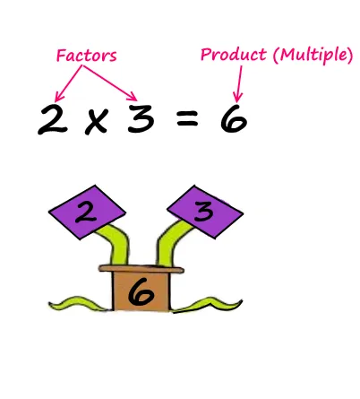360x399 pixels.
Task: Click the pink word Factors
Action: tap(87, 56)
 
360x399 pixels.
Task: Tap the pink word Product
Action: tap(233, 55)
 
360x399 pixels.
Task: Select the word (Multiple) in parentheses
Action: tap(313, 56)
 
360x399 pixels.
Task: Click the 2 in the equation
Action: tap(53, 119)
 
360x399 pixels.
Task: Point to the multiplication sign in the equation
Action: tap(97, 121)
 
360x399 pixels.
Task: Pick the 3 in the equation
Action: tap(141, 118)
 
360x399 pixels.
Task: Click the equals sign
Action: tap(187, 117)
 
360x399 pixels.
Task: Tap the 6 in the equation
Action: tap(234, 118)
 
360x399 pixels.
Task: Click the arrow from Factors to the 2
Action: tap(68, 83)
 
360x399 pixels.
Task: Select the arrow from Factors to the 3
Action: tap(110, 83)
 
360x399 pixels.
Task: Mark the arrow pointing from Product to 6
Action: tap(239, 84)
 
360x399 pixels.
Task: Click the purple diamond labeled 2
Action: tap(87, 213)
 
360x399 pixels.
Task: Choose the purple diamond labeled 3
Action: tap(205, 212)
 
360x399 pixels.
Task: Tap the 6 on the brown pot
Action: tap(141, 292)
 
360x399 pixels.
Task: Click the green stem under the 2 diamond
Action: tap(117, 244)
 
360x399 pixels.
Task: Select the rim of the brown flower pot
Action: tap(141, 269)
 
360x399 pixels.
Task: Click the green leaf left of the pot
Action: tap(79, 304)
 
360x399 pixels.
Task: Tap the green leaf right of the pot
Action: tap(207, 305)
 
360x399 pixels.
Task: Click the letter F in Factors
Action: tap(61, 56)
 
